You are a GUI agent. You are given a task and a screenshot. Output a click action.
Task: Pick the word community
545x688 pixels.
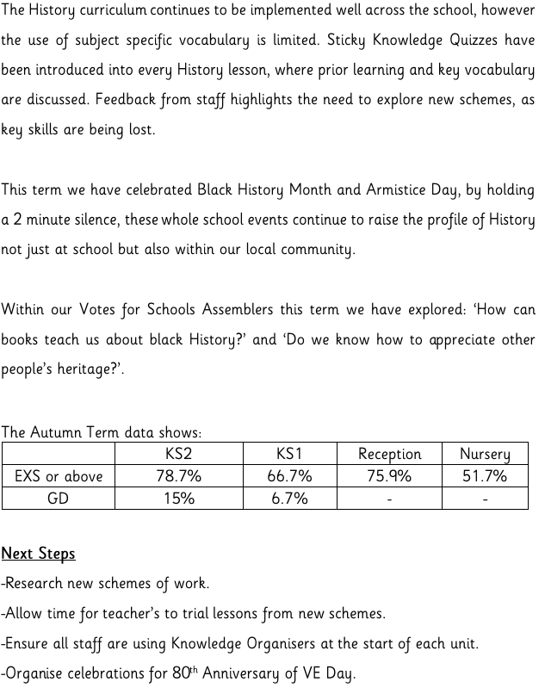click(x=312, y=250)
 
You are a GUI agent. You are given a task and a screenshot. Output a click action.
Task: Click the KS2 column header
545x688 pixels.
click(x=179, y=454)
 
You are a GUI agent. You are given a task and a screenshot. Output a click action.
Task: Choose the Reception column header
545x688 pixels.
click(x=389, y=454)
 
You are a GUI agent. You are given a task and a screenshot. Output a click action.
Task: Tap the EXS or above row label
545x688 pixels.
click(x=59, y=476)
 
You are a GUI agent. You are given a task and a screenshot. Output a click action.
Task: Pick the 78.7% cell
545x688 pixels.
click(x=179, y=476)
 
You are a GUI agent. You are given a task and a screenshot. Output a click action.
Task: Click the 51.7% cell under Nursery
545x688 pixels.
click(x=485, y=476)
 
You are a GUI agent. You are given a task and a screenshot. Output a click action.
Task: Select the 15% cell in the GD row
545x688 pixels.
click(x=179, y=499)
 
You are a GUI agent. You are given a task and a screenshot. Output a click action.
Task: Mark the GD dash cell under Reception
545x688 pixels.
click(x=389, y=499)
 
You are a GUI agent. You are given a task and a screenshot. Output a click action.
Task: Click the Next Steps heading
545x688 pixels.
click(x=39, y=553)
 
